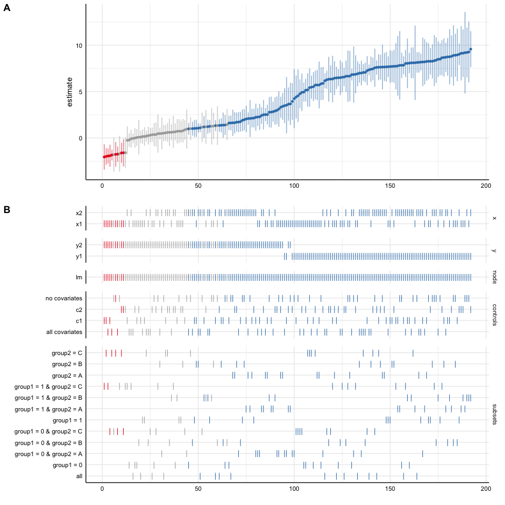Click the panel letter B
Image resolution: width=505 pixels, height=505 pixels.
(7, 209)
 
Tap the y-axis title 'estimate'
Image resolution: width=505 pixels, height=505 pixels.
(69, 92)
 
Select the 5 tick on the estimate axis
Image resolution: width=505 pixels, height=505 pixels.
(80, 92)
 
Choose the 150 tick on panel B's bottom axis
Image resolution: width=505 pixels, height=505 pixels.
(390, 489)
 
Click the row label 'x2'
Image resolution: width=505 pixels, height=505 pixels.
(79, 213)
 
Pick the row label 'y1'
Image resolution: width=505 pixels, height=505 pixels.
(79, 256)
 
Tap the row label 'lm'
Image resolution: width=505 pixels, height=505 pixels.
(79, 277)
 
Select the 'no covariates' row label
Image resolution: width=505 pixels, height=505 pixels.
(64, 299)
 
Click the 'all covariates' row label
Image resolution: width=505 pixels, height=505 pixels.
(65, 332)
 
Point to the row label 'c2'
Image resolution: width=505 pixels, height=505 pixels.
(79, 310)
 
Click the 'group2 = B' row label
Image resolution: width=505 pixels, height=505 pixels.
(67, 363)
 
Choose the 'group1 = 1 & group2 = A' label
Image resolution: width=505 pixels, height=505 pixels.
(49, 409)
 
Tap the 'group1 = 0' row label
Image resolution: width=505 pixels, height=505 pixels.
(68, 465)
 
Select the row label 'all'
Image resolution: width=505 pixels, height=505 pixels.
(79, 476)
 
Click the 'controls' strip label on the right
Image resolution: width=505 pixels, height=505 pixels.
(494, 315)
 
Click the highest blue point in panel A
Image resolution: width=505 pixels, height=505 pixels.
(471, 49)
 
